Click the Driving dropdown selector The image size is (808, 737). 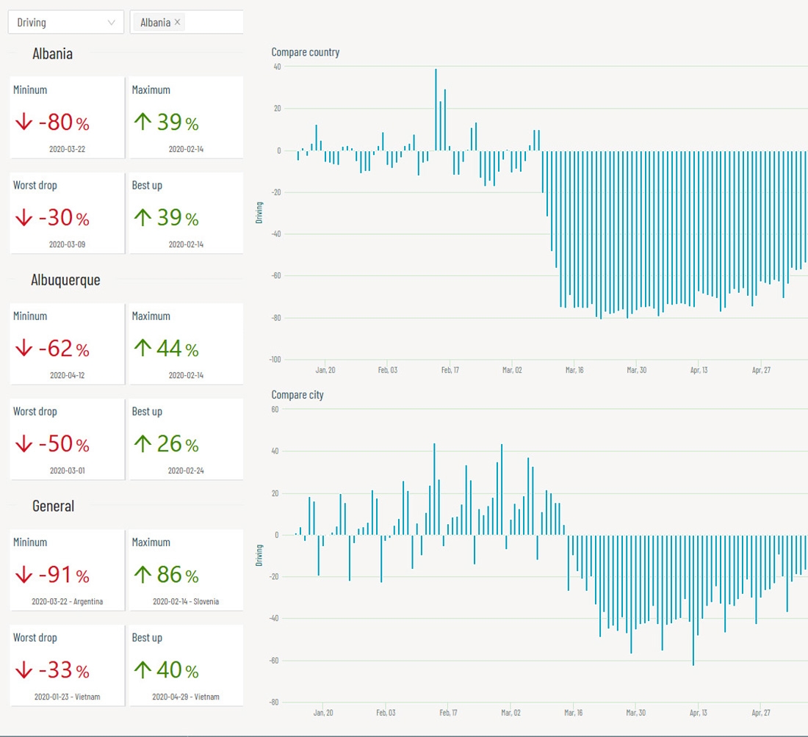(x=65, y=22)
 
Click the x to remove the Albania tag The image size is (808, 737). (x=177, y=22)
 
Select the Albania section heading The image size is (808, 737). (x=52, y=54)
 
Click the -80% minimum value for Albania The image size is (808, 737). (x=56, y=122)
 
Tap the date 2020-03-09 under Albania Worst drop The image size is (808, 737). (x=67, y=244)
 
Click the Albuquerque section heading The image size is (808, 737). (x=65, y=280)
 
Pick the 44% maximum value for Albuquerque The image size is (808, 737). (x=168, y=348)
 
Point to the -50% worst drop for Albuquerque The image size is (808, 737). (x=56, y=444)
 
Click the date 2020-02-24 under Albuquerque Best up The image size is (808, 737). (x=186, y=470)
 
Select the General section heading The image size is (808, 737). (x=53, y=506)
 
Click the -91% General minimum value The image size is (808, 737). (x=56, y=575)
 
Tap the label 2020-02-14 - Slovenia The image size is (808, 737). (x=186, y=601)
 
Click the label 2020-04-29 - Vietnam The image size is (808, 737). (x=186, y=697)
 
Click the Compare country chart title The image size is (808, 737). (x=306, y=52)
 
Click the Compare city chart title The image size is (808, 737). (x=297, y=395)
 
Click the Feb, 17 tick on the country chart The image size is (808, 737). (x=450, y=370)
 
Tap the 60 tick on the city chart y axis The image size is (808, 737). (x=275, y=409)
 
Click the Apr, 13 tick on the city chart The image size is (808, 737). (x=699, y=712)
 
